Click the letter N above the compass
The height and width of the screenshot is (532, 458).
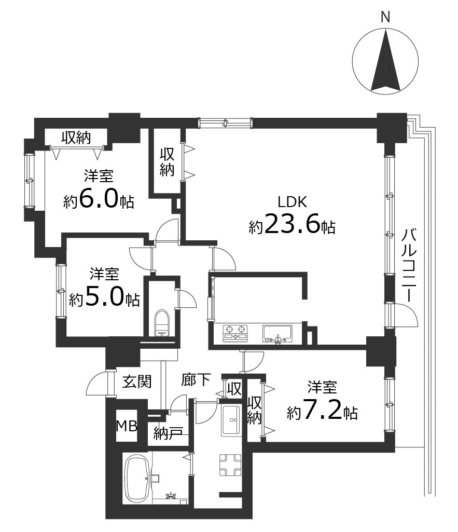click(x=385, y=17)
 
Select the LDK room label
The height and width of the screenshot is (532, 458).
click(x=292, y=202)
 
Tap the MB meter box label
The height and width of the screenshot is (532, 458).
click(x=127, y=426)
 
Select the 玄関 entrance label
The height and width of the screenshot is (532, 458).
click(x=136, y=382)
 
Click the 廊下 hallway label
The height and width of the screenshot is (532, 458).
click(x=196, y=379)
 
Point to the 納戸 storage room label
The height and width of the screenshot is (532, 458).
click(x=168, y=433)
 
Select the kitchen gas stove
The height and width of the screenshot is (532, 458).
click(x=235, y=333)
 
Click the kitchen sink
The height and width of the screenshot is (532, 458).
click(x=277, y=334)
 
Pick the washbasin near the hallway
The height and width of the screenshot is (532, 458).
click(x=231, y=420)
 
